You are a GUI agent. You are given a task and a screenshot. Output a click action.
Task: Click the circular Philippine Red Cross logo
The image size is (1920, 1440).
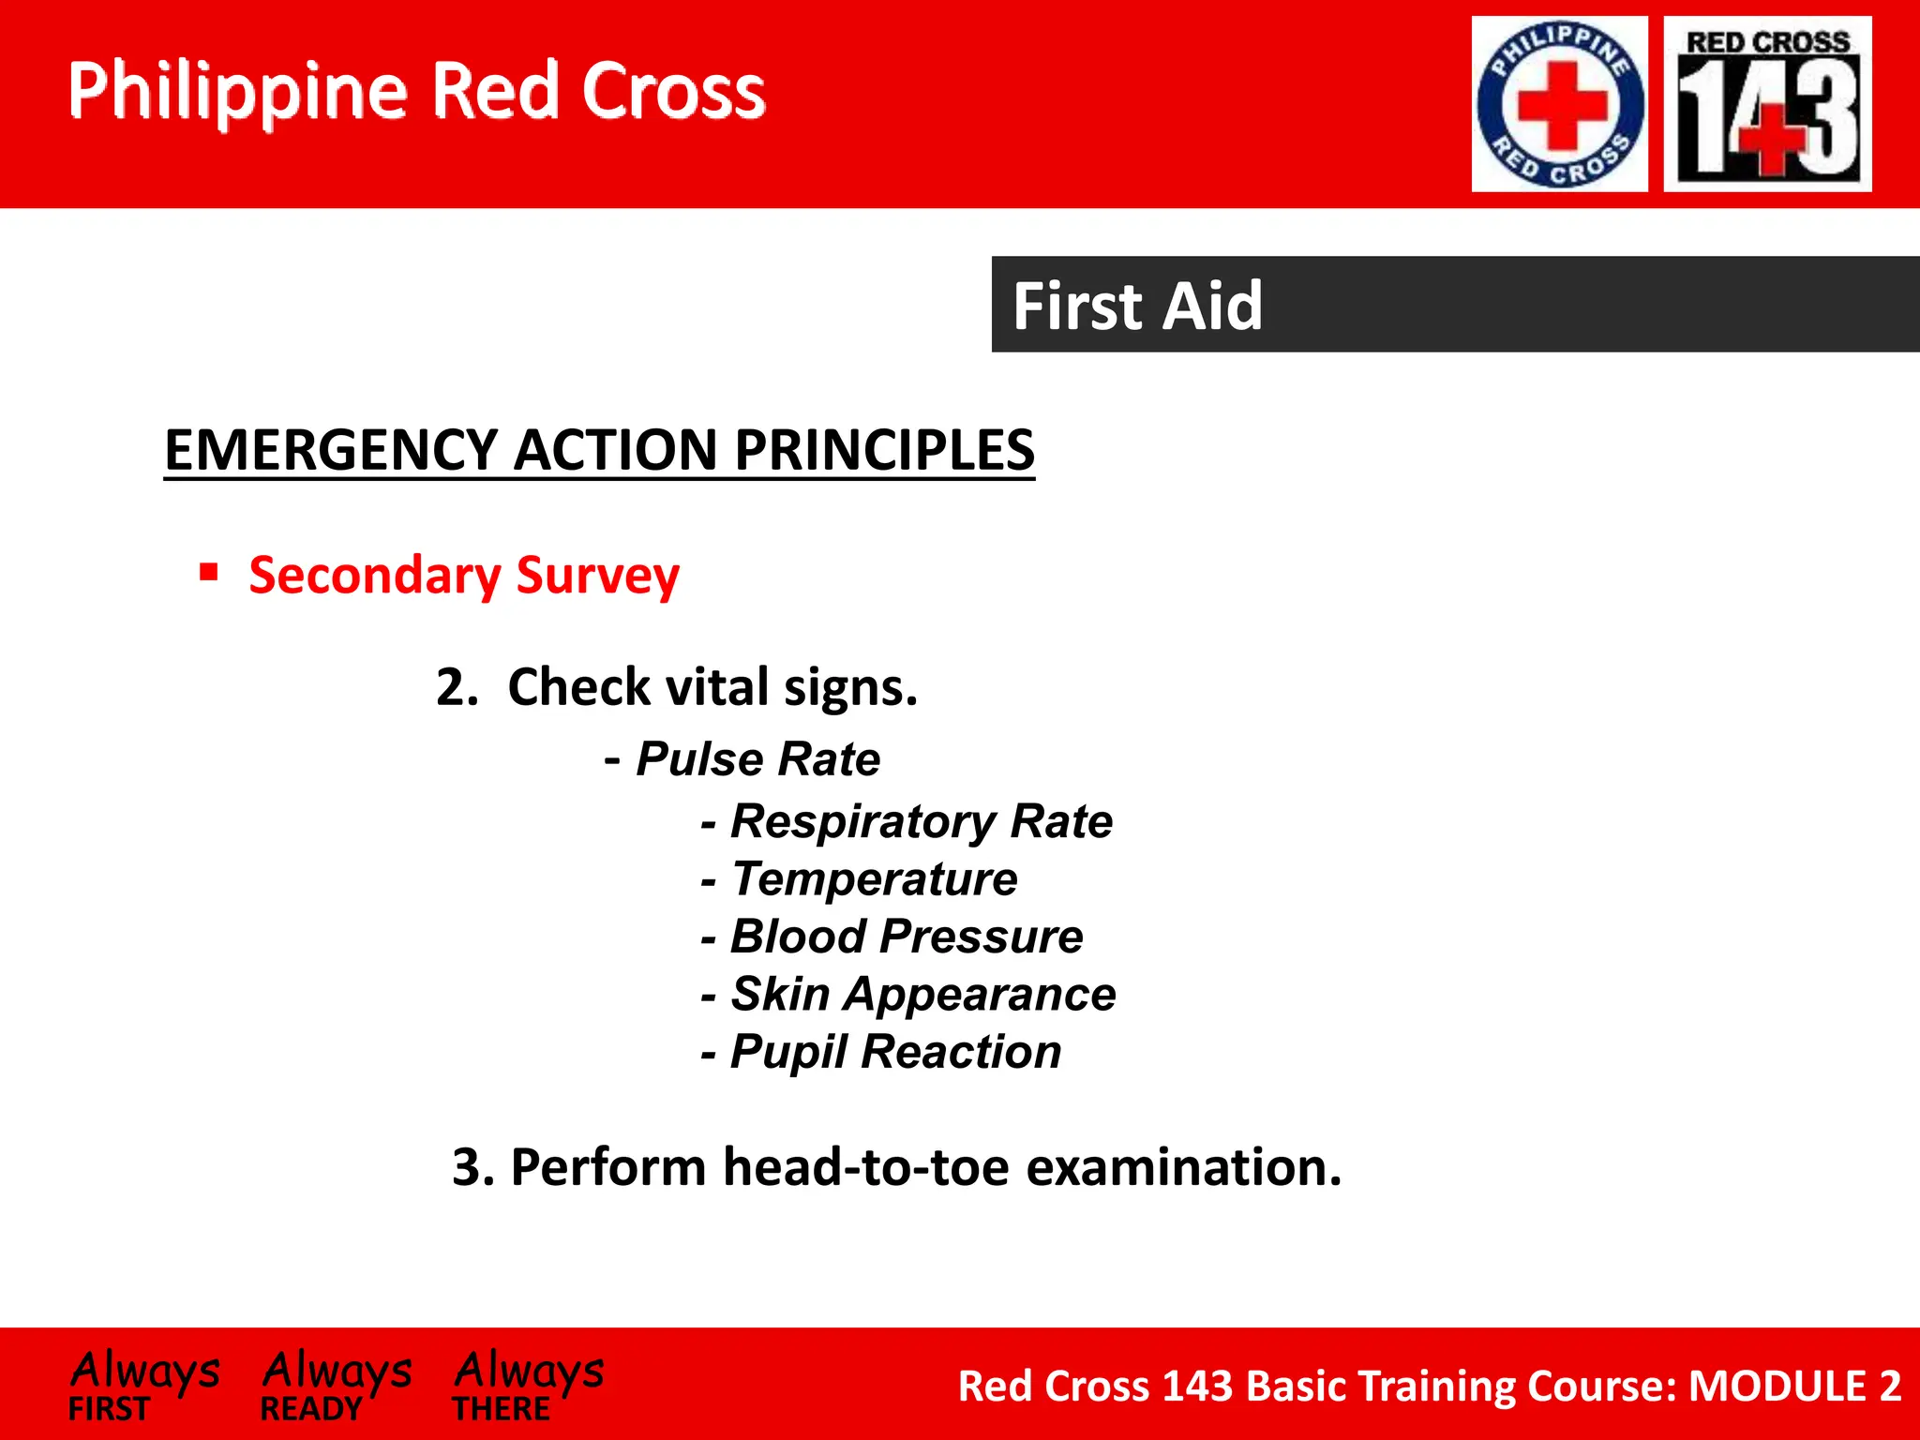[1559, 104]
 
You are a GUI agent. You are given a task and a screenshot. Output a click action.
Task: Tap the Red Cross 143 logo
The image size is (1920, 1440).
[1767, 104]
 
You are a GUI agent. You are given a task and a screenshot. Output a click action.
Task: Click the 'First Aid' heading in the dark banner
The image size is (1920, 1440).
[1137, 306]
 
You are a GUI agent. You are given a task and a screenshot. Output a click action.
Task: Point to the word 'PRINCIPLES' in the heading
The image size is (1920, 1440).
[884, 450]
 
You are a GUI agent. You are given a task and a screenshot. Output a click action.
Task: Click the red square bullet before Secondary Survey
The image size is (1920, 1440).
[209, 572]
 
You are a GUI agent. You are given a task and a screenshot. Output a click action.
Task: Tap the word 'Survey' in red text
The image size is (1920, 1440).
[597, 576]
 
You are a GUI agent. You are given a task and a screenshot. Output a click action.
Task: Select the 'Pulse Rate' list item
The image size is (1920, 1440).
[757, 758]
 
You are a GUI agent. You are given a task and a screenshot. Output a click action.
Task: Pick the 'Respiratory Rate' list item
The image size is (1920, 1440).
[921, 821]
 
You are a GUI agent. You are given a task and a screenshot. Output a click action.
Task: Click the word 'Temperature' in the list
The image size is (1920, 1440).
[874, 879]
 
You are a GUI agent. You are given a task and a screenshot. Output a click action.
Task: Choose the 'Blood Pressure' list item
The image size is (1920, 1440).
[906, 937]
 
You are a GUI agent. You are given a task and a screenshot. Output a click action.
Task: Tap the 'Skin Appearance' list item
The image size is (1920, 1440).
[922, 994]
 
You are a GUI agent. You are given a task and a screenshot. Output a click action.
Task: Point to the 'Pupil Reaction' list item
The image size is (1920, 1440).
[895, 1052]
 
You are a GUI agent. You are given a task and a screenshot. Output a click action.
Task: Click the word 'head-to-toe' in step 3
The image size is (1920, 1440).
[866, 1167]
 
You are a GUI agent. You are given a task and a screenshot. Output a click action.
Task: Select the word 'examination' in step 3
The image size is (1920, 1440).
[1183, 1167]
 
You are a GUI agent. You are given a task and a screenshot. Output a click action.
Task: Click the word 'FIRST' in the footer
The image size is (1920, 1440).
[109, 1409]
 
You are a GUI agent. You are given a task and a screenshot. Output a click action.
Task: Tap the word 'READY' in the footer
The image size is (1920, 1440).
[310, 1409]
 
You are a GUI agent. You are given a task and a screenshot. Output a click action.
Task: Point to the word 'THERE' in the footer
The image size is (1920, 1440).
[502, 1409]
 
